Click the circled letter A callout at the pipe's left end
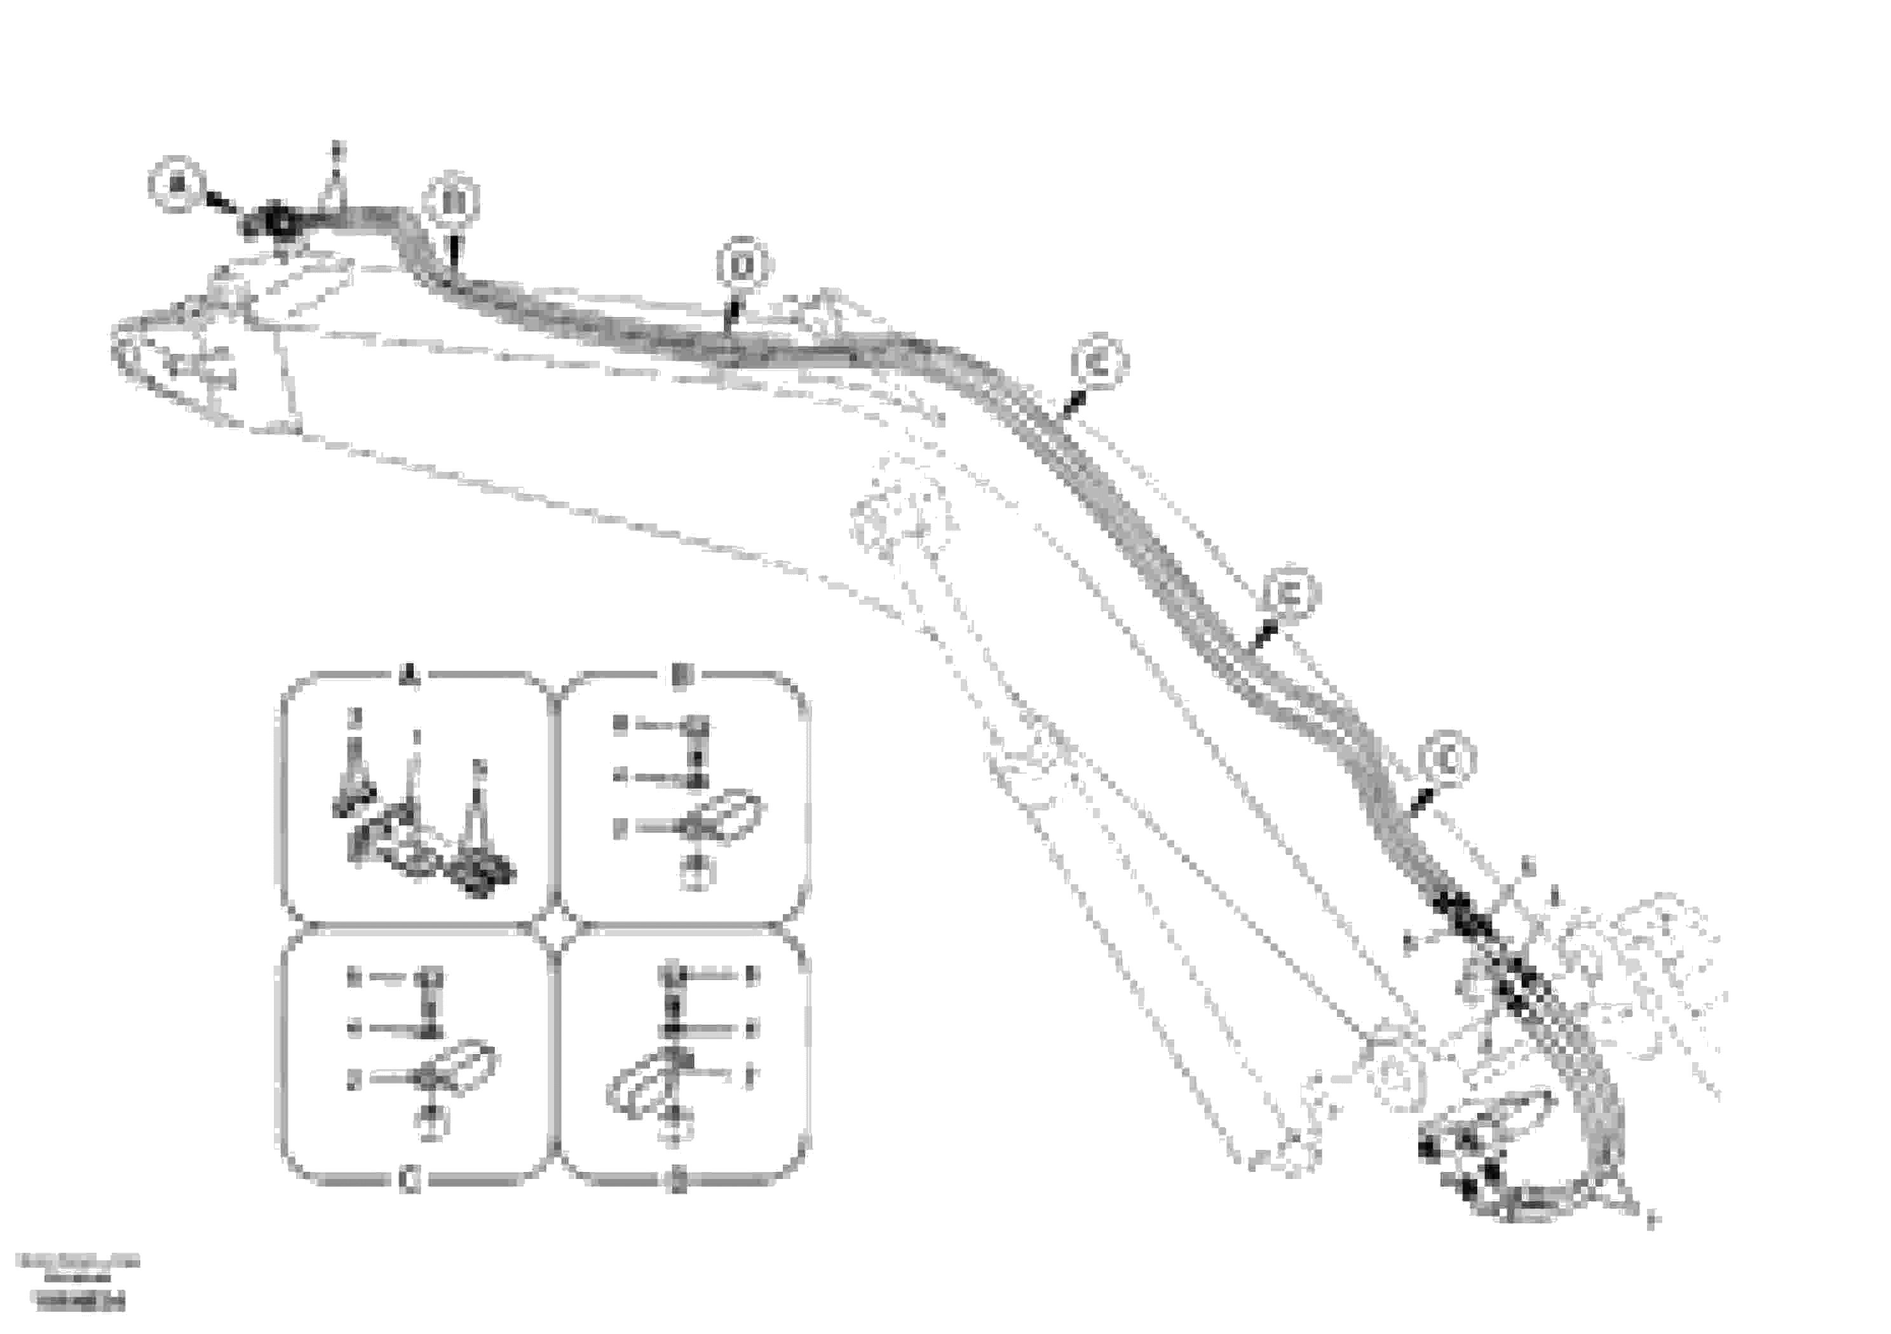pyautogui.click(x=177, y=184)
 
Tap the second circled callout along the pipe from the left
pyautogui.click(x=452, y=201)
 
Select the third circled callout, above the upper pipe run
pyautogui.click(x=743, y=265)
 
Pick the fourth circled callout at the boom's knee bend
pyautogui.click(x=1101, y=362)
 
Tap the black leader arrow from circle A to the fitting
pyautogui.click(x=222, y=203)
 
